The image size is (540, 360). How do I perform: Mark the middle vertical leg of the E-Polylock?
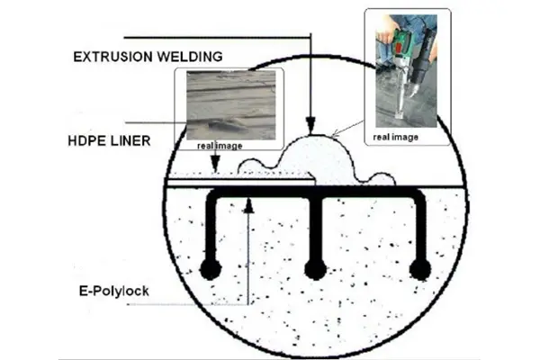[x=314, y=229]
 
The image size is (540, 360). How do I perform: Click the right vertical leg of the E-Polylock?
[x=417, y=229]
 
